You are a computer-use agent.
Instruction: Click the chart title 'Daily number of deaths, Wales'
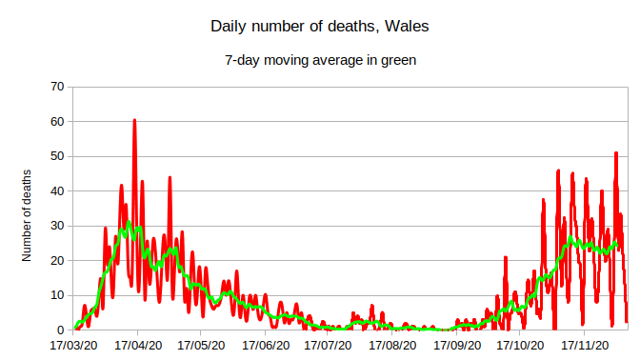click(x=319, y=27)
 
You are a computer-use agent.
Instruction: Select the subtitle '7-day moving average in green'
click(x=319, y=59)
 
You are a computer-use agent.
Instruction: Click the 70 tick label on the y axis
click(x=56, y=87)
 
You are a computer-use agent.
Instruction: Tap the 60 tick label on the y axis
click(x=56, y=122)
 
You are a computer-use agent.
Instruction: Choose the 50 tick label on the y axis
click(x=56, y=156)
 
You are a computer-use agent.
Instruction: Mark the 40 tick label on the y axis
click(x=56, y=191)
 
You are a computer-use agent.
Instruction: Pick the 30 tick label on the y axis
click(x=56, y=226)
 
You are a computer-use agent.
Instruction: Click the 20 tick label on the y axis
click(x=56, y=261)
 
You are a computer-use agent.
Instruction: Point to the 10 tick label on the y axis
click(x=56, y=295)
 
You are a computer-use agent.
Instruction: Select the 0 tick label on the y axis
click(x=60, y=330)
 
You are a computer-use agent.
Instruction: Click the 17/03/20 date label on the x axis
click(x=73, y=348)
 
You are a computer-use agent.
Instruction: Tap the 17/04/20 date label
click(x=137, y=348)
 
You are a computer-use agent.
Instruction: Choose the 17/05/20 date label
click(x=199, y=348)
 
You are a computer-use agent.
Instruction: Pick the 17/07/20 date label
click(x=325, y=348)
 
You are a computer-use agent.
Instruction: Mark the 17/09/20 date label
click(x=452, y=348)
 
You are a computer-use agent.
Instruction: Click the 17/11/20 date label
click(x=578, y=348)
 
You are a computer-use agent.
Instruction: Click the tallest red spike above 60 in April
click(x=134, y=121)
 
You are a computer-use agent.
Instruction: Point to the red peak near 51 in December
click(x=616, y=153)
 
